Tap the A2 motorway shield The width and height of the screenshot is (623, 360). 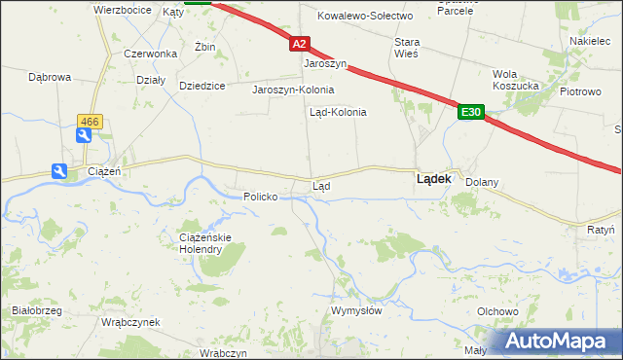point(299,44)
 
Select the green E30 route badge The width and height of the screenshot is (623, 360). point(471,114)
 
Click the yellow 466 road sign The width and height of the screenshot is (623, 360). point(89,121)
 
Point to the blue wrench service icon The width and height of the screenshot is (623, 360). point(60,171)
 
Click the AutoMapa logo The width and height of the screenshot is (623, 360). point(561,340)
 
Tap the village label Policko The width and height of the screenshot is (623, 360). point(261,197)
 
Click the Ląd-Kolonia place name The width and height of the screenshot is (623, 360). point(337,112)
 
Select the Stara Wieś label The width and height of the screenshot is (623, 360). point(406,49)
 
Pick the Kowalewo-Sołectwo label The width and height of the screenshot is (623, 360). point(366,16)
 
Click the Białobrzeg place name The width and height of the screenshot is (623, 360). point(37,310)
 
